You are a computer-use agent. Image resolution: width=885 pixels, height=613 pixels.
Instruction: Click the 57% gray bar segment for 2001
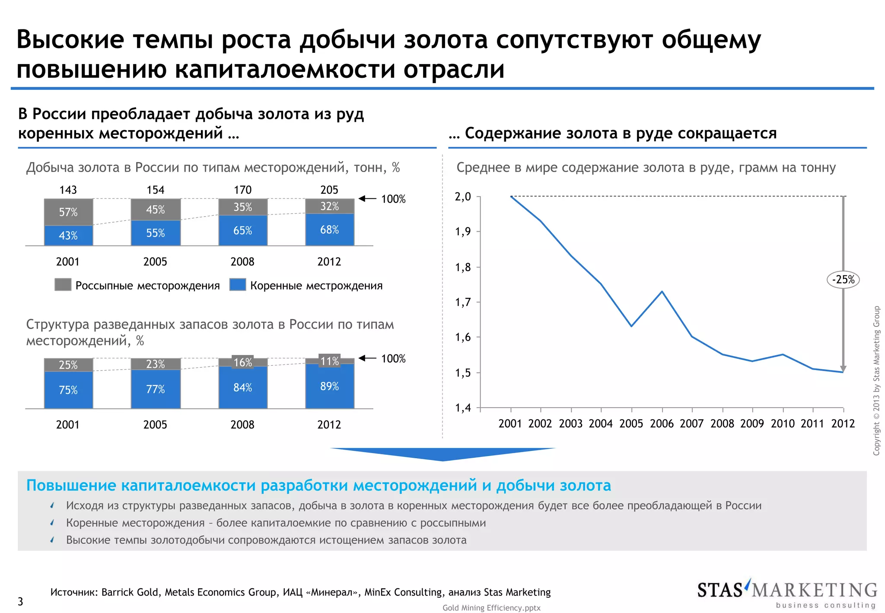[x=68, y=212]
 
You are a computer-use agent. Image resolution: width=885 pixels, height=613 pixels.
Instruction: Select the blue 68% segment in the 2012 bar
[x=329, y=230]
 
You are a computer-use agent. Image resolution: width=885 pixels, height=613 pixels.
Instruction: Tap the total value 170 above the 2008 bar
[x=242, y=190]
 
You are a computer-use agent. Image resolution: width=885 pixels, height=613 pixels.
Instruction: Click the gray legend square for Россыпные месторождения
[x=63, y=284]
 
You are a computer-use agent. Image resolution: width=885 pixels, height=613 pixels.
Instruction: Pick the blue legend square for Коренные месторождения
[x=238, y=284]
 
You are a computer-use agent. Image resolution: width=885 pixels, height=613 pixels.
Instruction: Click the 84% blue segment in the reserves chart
[x=242, y=387]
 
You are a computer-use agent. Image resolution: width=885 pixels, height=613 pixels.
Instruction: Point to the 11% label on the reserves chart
[x=329, y=361]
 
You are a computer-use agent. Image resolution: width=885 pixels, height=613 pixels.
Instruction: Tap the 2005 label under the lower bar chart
[x=155, y=425]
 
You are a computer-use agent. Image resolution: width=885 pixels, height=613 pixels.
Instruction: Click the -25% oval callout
[x=843, y=280]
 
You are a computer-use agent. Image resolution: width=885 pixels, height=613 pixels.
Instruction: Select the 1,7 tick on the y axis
[x=463, y=302]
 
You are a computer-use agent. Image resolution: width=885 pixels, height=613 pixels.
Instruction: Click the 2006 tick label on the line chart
[x=662, y=424]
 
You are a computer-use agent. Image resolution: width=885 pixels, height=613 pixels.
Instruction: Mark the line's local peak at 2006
[x=662, y=291]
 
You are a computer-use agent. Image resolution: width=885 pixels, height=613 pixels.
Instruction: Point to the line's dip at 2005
[x=631, y=326]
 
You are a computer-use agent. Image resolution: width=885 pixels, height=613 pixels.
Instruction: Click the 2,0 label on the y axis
[x=463, y=197]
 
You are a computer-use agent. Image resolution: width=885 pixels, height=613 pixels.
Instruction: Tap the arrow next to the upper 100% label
[x=367, y=198]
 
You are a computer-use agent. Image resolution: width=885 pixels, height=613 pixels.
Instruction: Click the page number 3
[x=20, y=601]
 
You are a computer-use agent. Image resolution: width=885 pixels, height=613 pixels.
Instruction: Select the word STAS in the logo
[x=719, y=591]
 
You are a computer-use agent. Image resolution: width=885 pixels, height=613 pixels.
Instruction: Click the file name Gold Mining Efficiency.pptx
[x=491, y=608]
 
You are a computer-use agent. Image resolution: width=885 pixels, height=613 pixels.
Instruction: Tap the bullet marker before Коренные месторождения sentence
[x=52, y=523]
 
